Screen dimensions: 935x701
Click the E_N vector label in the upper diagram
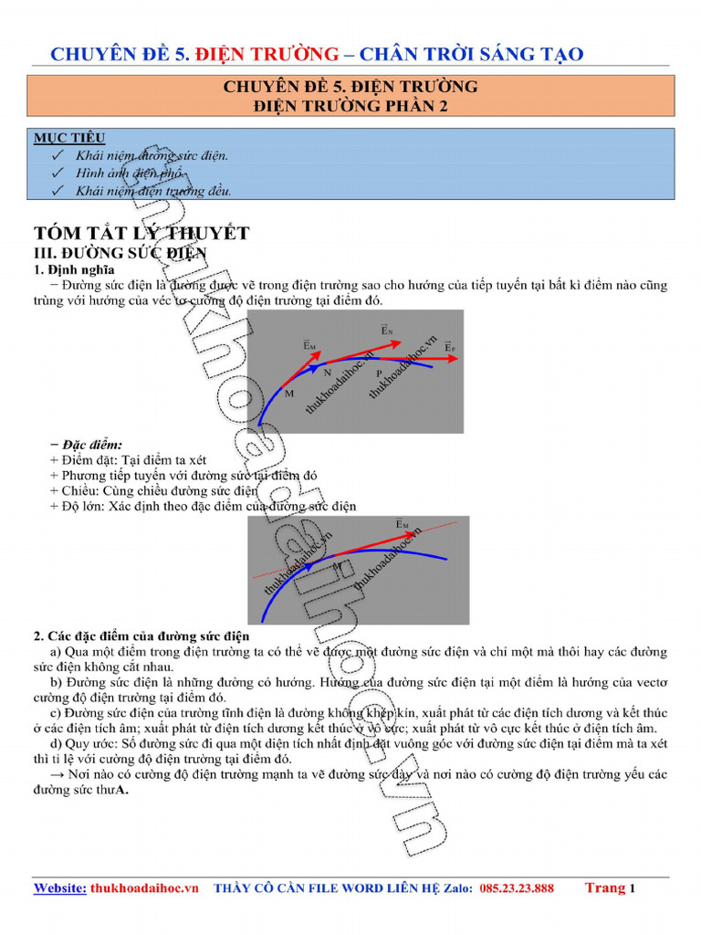(387, 330)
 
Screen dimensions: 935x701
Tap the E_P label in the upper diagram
(451, 347)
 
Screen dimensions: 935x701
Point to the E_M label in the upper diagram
(309, 345)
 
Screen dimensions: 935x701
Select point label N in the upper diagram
(327, 373)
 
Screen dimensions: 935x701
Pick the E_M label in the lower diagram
(403, 524)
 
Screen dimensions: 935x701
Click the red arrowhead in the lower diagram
(413, 536)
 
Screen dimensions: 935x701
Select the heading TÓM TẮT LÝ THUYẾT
(141, 234)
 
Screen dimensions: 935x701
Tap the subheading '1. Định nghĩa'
(75, 269)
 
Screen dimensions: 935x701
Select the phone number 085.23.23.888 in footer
(516, 888)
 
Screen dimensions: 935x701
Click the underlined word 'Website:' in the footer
(60, 888)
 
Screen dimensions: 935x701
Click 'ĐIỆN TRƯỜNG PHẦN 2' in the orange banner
(350, 106)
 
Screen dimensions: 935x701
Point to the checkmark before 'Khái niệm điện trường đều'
(58, 191)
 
